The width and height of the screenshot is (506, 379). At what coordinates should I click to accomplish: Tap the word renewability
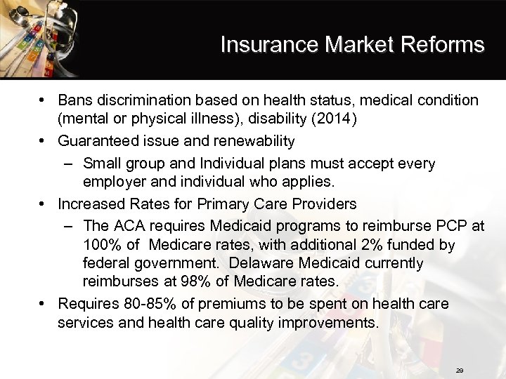coord(253,141)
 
